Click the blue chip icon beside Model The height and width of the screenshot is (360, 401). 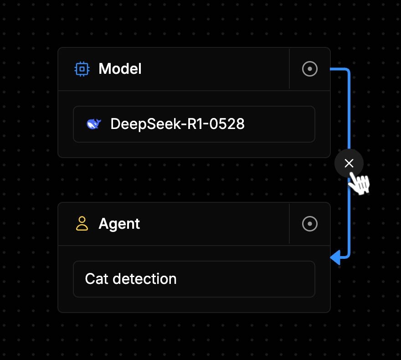[x=82, y=69]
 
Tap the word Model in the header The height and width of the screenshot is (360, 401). [x=120, y=69]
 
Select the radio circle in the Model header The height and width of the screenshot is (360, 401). [x=310, y=69]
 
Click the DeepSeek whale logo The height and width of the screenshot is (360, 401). [x=93, y=124]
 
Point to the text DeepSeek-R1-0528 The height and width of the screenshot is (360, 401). [x=177, y=124]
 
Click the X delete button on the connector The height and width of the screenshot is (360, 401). [x=349, y=163]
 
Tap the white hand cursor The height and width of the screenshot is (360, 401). [x=359, y=183]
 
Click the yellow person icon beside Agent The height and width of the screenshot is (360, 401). [x=82, y=223]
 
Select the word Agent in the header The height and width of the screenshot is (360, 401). [x=119, y=224]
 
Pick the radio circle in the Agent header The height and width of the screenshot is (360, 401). [x=310, y=224]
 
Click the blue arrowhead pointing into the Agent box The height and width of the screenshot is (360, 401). [x=335, y=257]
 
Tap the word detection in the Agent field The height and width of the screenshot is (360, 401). [x=144, y=279]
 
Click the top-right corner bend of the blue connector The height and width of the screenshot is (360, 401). [x=348, y=70]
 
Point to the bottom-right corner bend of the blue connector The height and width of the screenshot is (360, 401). [x=348, y=256]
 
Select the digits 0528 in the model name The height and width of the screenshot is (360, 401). [x=227, y=124]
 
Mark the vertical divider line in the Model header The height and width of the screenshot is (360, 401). [x=289, y=69]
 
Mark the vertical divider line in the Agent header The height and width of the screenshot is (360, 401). [x=289, y=224]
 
